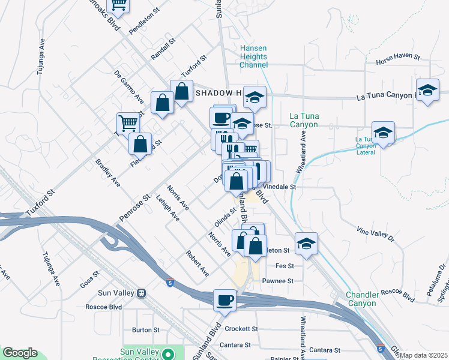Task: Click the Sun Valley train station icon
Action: pos(142,294)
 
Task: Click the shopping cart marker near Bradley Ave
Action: pos(127,124)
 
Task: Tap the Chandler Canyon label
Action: pos(361,299)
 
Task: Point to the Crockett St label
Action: pos(241,329)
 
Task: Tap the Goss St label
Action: pos(88,280)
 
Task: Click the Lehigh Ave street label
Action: pos(167,207)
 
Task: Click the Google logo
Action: pos(20,353)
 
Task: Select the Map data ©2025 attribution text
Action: pos(424,355)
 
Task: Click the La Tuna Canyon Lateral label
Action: pos(375,145)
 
